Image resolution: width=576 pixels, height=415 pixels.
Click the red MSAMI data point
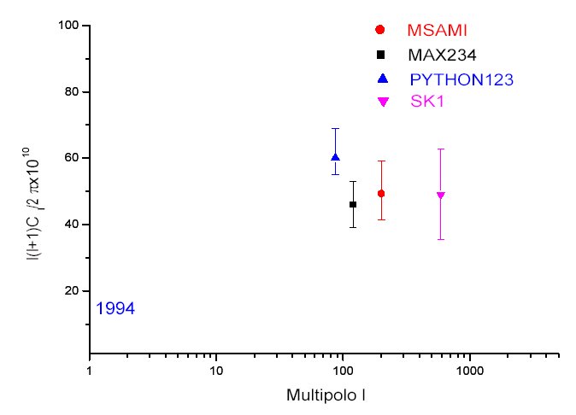tap(381, 194)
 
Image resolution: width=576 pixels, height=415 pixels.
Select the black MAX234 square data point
tap(353, 204)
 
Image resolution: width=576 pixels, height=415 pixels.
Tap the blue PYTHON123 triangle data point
tap(335, 157)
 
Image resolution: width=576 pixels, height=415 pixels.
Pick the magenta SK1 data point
tap(440, 196)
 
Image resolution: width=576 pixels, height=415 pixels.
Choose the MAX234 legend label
tap(442, 56)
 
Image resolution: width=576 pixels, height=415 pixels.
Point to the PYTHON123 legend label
tap(461, 79)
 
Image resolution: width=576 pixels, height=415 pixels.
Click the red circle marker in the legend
tap(380, 30)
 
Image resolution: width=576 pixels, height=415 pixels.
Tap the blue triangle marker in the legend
tap(382, 79)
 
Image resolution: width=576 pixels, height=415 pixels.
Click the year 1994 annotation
tap(114, 308)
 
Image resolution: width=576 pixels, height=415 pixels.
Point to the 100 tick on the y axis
tap(69, 26)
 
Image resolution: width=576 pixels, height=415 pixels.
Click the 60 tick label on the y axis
tap(72, 158)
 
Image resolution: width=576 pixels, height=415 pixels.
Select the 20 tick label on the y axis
tap(72, 290)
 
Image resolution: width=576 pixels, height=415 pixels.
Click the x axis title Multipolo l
tap(326, 396)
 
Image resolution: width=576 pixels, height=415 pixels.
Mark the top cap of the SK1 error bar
tap(440, 149)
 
